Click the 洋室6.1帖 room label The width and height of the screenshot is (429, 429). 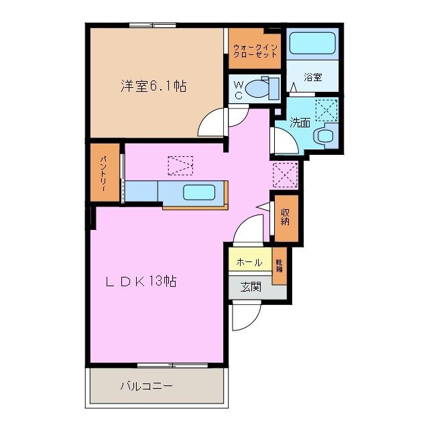pos(154,86)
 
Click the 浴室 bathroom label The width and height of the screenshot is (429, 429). pos(313,77)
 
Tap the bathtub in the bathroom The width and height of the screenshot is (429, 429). pos(312,45)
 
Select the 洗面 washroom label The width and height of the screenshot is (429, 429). pos(300,123)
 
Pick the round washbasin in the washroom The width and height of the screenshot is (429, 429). pos(326,136)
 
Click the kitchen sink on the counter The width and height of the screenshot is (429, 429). pos(199,192)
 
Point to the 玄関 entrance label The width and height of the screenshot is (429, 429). pos(251,287)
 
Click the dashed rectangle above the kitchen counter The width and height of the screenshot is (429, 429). pos(180,165)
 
